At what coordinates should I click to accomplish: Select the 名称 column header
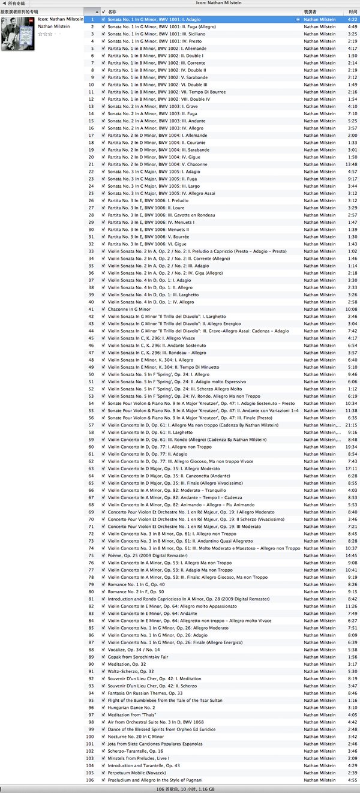point(112,12)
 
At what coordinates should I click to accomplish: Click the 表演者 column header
point(310,12)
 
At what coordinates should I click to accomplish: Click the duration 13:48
point(351,164)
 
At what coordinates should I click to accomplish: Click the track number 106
point(91,780)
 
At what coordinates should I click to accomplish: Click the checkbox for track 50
point(104,374)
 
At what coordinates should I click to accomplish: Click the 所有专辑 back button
point(14,3)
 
